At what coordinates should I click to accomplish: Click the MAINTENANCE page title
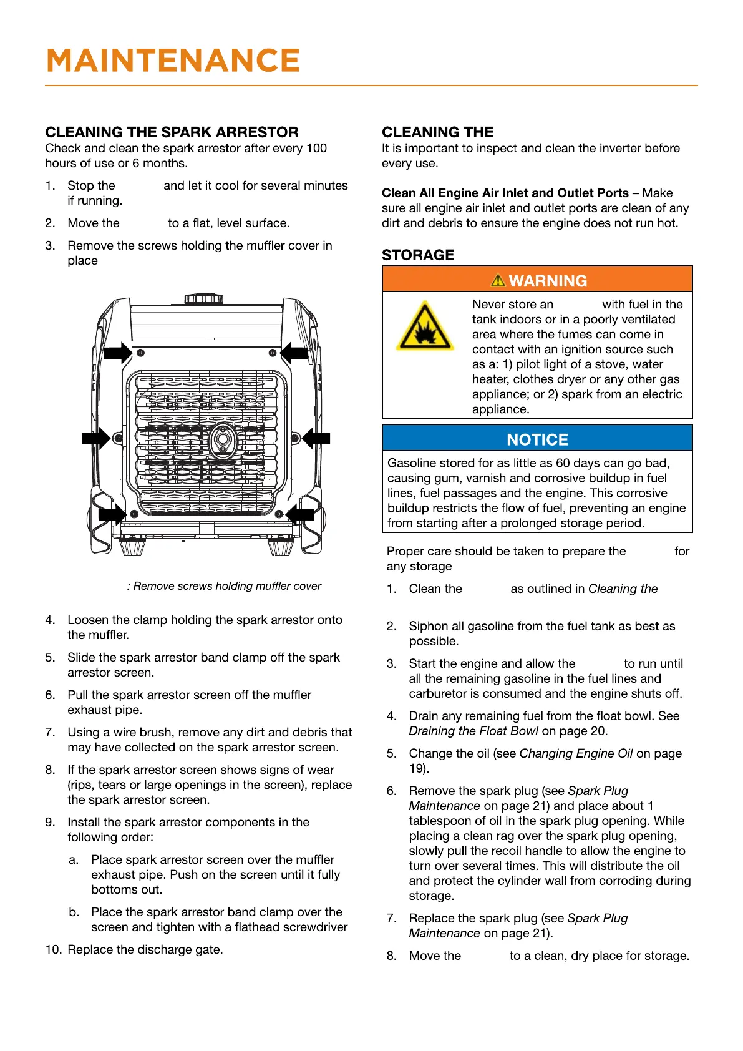[x=173, y=61]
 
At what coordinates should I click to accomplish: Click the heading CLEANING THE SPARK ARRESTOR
[x=172, y=132]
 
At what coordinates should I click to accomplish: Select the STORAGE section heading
[x=418, y=255]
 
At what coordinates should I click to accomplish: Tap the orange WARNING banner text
[x=547, y=281]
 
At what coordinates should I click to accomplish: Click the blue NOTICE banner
[x=537, y=439]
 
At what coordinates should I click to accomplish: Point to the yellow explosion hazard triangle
[x=425, y=327]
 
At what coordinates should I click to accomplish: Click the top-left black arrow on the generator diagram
[x=117, y=353]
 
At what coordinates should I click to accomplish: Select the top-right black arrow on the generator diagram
[x=294, y=353]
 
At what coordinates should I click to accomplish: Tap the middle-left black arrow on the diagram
[x=96, y=438]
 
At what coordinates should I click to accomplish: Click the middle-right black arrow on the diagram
[x=316, y=438]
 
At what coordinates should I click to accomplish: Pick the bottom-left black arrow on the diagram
[x=113, y=514]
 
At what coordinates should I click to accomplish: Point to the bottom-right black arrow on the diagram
[x=299, y=514]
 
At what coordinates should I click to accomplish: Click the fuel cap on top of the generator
[x=204, y=298]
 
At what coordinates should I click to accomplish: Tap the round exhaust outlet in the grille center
[x=221, y=440]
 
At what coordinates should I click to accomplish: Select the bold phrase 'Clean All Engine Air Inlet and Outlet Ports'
[x=505, y=193]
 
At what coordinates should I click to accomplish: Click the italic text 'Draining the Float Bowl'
[x=473, y=731]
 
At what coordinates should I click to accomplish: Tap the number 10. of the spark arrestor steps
[x=53, y=950]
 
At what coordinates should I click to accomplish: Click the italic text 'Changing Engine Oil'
[x=576, y=754]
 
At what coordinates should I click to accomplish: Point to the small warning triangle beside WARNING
[x=498, y=280]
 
